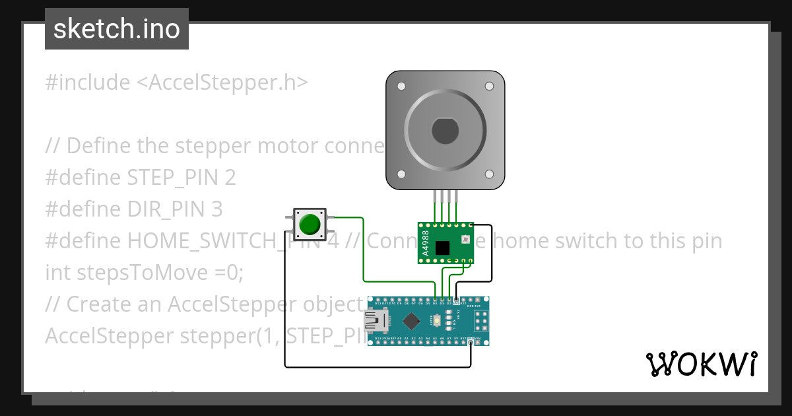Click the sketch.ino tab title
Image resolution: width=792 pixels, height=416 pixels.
[x=116, y=29]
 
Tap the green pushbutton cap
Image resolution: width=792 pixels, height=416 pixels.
[x=309, y=225]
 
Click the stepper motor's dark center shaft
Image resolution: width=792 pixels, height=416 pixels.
[x=445, y=131]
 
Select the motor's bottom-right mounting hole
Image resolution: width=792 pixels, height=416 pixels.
[x=489, y=174]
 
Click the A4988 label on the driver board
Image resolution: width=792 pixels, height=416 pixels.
[x=426, y=244]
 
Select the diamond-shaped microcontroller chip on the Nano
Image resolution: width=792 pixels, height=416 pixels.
[x=411, y=321]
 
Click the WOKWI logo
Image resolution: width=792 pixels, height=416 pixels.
[x=701, y=364]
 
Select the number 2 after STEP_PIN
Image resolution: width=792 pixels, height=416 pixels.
[x=230, y=178]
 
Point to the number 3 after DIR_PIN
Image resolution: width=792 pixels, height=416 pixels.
[x=217, y=209]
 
